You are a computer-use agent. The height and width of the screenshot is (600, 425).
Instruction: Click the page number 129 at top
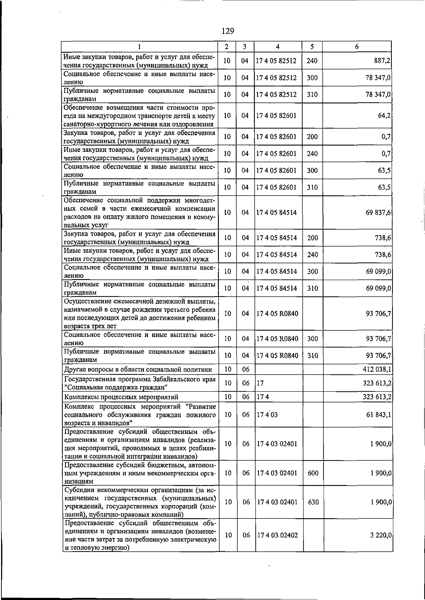pyautogui.click(x=228, y=31)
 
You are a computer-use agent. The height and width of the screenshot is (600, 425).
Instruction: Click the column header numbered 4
pyautogui.click(x=278, y=46)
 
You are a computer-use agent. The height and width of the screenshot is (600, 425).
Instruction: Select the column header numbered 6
pyautogui.click(x=357, y=46)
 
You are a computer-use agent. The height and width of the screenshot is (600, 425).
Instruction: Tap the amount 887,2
pyautogui.click(x=382, y=61)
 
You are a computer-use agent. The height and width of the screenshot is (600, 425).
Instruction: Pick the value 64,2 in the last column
pyautogui.click(x=384, y=115)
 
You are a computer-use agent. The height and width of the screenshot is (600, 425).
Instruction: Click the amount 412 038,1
pyautogui.click(x=376, y=369)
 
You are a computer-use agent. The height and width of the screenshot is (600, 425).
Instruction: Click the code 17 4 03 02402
pyautogui.click(x=277, y=535)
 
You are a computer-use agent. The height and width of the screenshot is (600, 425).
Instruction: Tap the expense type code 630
pyautogui.click(x=313, y=502)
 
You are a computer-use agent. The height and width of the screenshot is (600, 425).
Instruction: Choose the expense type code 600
pyautogui.click(x=313, y=473)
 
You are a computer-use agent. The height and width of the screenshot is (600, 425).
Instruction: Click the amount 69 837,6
pyautogui.click(x=378, y=213)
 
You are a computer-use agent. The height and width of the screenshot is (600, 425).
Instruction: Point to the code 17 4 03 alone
pyautogui.click(x=267, y=414)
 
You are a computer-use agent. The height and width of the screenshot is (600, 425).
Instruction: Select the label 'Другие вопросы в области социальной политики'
pyautogui.click(x=138, y=369)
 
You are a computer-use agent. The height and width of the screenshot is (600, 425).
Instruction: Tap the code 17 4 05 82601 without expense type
pyautogui.click(x=276, y=115)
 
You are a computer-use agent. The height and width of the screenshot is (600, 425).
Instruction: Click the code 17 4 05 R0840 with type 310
pyautogui.click(x=277, y=355)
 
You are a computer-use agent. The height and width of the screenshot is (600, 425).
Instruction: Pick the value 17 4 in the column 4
pyautogui.click(x=263, y=397)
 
